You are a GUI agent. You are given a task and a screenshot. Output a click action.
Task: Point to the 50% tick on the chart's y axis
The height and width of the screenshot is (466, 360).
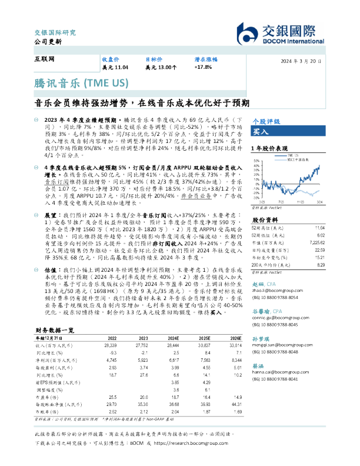tap(255, 162)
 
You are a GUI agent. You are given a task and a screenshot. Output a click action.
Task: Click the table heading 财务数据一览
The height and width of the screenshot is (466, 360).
tap(55, 331)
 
